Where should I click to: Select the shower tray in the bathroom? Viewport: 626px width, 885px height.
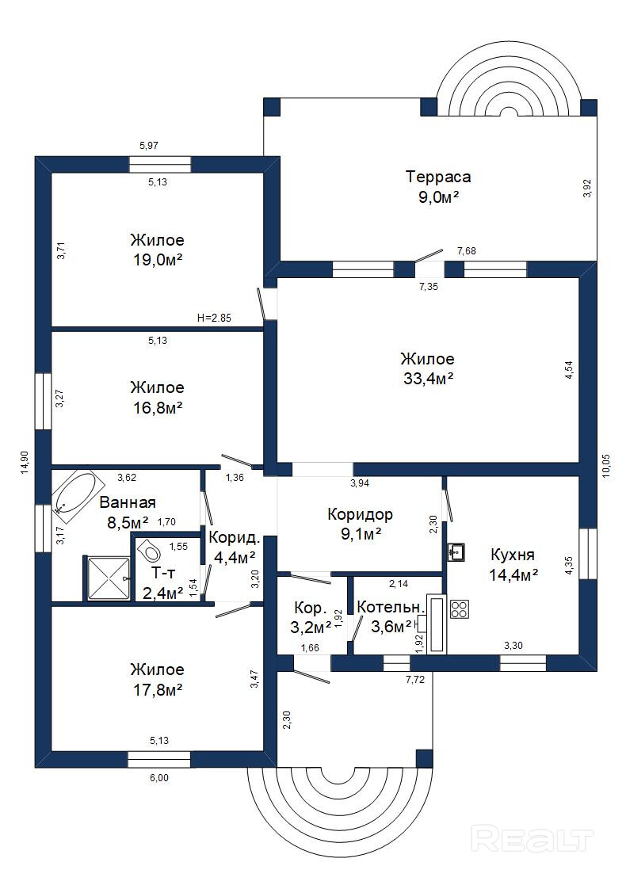click(107, 578)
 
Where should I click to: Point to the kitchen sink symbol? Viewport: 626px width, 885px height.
click(456, 552)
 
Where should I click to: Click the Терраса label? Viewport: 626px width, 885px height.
click(438, 177)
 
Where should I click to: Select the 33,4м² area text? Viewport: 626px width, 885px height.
click(429, 379)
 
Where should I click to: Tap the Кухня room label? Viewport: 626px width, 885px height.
click(512, 555)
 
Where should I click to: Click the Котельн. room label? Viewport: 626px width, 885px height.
click(391, 608)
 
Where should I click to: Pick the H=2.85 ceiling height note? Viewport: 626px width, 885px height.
click(214, 318)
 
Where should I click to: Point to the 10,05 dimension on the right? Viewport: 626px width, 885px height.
click(605, 466)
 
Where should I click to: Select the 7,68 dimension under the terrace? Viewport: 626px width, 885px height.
click(466, 251)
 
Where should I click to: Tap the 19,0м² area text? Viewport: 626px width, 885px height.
click(157, 260)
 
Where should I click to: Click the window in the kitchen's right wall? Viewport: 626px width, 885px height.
click(588, 554)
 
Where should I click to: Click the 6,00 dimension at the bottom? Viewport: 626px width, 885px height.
click(158, 778)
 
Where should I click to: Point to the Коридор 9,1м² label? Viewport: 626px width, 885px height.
click(360, 524)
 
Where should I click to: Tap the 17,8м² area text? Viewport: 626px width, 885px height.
click(157, 689)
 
